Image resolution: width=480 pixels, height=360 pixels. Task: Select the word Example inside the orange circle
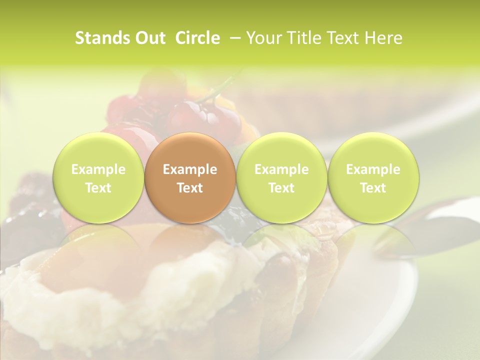coord(190,169)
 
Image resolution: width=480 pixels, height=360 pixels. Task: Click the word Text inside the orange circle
coord(190,188)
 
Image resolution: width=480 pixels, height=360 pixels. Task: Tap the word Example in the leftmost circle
coord(98,169)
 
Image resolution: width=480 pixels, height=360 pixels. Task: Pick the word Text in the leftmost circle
coord(98,188)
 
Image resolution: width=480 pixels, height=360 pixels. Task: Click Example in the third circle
coord(281,169)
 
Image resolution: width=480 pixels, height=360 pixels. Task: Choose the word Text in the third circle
coord(281,188)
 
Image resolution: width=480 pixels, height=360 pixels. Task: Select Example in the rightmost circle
coord(373,169)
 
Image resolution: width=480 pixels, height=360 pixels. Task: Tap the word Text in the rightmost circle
coord(373,188)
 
